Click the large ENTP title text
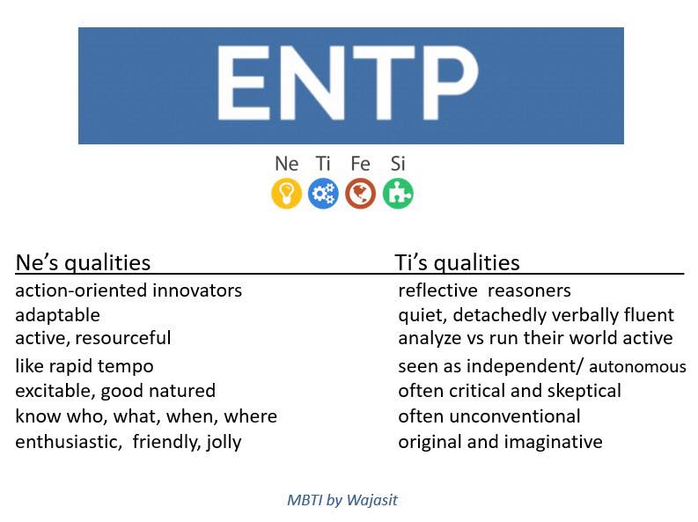(348, 83)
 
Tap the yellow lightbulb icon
(287, 194)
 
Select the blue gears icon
(323, 194)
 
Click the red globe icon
(361, 194)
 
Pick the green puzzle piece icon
(398, 194)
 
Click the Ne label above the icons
(287, 164)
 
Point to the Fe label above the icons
(361, 164)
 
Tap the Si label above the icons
(398, 164)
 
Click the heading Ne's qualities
(83, 262)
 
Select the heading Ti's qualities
(457, 262)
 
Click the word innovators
(197, 290)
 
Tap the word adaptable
(57, 315)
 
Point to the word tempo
(126, 367)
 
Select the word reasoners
(529, 291)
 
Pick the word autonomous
(637, 367)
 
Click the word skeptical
(584, 391)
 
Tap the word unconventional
(515, 416)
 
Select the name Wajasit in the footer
(372, 500)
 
